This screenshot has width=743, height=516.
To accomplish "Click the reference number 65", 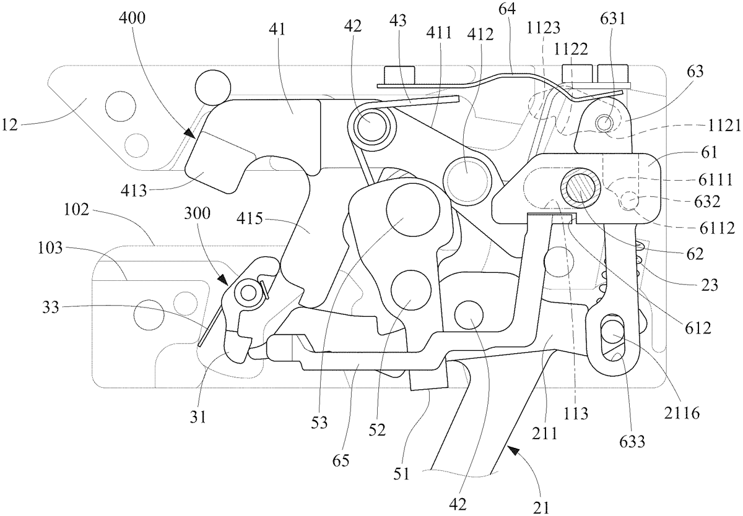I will click(340, 461).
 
